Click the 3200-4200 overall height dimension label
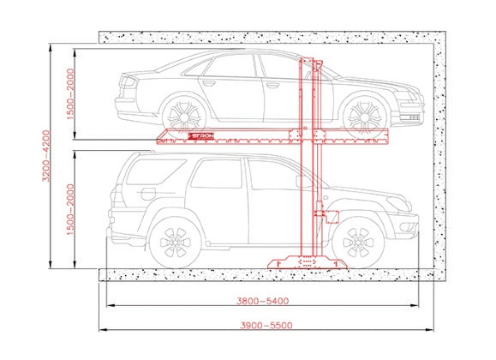click(x=46, y=156)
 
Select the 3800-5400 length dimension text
click(x=262, y=301)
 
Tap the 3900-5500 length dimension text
click(x=266, y=325)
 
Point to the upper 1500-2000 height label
click(x=70, y=94)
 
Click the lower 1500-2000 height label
click(x=70, y=209)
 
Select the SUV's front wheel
click(x=358, y=243)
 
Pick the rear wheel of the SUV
click(x=175, y=243)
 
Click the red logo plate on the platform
click(x=201, y=135)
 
